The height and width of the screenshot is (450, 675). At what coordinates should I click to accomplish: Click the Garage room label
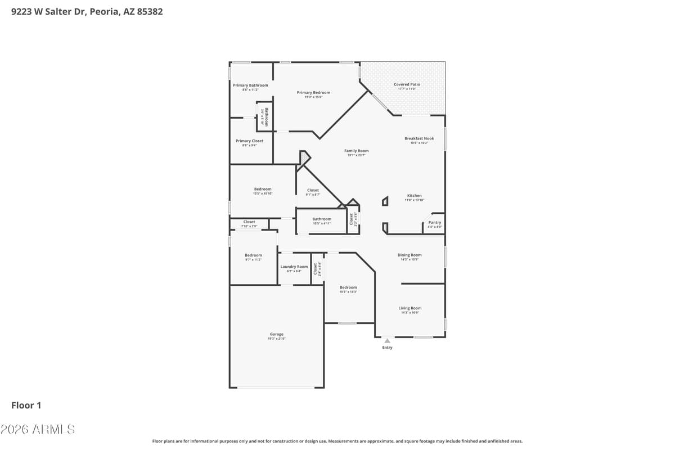point(276,334)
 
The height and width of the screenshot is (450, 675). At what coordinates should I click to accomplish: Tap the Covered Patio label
point(406,84)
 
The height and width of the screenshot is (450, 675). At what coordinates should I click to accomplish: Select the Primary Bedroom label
point(313,92)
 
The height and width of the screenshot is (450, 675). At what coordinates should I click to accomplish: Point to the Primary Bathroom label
point(250,85)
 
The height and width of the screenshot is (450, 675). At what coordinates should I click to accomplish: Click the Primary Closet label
point(249,141)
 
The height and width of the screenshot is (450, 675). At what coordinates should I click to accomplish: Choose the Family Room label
point(357,151)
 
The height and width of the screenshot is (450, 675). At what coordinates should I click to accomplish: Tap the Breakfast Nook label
point(419,138)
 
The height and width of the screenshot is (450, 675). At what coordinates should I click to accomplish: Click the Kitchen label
point(414,196)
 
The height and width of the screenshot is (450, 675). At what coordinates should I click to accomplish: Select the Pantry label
point(435,223)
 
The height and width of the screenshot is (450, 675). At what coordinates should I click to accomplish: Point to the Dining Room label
point(409,255)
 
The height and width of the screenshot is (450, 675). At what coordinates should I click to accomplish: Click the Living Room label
point(409,308)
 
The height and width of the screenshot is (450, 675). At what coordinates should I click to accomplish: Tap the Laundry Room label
point(294,267)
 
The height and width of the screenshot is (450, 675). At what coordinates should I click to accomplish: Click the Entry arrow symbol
point(387,340)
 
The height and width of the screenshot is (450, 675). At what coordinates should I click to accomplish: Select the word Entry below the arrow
point(387,348)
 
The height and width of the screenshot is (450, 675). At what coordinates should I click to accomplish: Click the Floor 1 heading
point(26,405)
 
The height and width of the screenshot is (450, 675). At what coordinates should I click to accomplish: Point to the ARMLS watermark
point(38,429)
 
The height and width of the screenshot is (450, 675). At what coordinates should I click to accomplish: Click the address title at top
point(87,11)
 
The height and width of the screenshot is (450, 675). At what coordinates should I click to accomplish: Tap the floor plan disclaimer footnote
point(337,441)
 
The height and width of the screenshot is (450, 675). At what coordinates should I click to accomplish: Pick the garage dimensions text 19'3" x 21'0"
point(276,339)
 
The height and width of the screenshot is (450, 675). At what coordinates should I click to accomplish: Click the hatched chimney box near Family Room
point(304,158)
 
